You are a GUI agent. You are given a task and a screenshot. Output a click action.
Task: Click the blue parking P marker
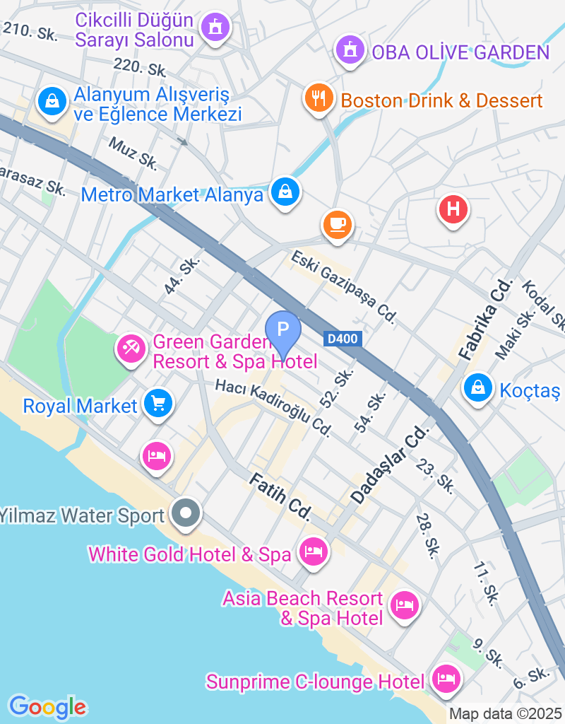[x=283, y=329]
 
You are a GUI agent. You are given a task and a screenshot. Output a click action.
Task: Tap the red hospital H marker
[x=453, y=209]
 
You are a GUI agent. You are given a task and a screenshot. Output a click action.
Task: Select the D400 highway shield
[x=344, y=339]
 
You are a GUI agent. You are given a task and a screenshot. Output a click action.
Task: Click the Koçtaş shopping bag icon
[x=478, y=387]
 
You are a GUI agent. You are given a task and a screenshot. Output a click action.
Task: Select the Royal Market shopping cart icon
[x=157, y=404]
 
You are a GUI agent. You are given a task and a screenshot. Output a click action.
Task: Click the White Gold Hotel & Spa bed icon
[x=313, y=551]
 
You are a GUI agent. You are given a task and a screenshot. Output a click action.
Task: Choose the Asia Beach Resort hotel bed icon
[x=404, y=605]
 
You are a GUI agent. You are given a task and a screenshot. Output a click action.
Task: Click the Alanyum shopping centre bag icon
[x=52, y=101]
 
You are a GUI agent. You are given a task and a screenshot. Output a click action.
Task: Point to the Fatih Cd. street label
[x=280, y=498]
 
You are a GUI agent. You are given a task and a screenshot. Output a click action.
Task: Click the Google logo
[x=47, y=706]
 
